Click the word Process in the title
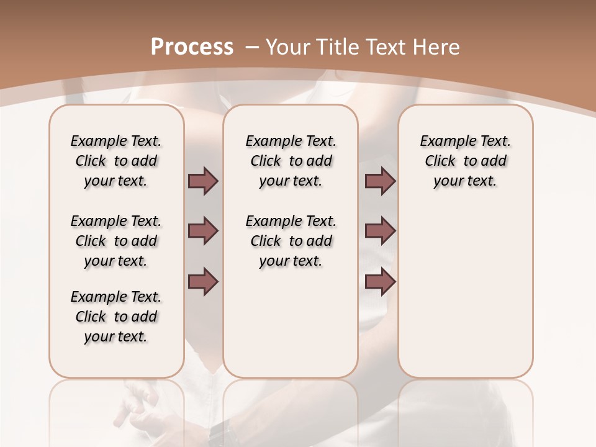[x=192, y=47]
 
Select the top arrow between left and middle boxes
[x=203, y=181]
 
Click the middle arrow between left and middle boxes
[x=203, y=232]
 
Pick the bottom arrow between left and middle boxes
[x=203, y=282]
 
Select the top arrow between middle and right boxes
[x=380, y=181]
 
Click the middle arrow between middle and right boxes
[x=380, y=232]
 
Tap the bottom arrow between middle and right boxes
[x=380, y=282]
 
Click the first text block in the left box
[x=116, y=161]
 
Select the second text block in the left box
[x=116, y=241]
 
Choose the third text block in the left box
[x=116, y=317]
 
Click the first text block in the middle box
[x=291, y=161]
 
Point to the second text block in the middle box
[x=291, y=241]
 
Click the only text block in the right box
[x=465, y=161]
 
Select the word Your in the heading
[x=288, y=47]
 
